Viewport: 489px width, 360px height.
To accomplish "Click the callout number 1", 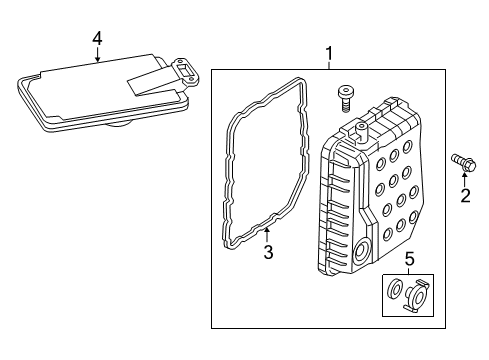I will click(329, 52).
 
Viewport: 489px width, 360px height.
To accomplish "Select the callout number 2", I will click(464, 195).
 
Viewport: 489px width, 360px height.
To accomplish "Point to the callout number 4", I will click(97, 38).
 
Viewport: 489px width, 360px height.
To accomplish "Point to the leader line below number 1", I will click(329, 64).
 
